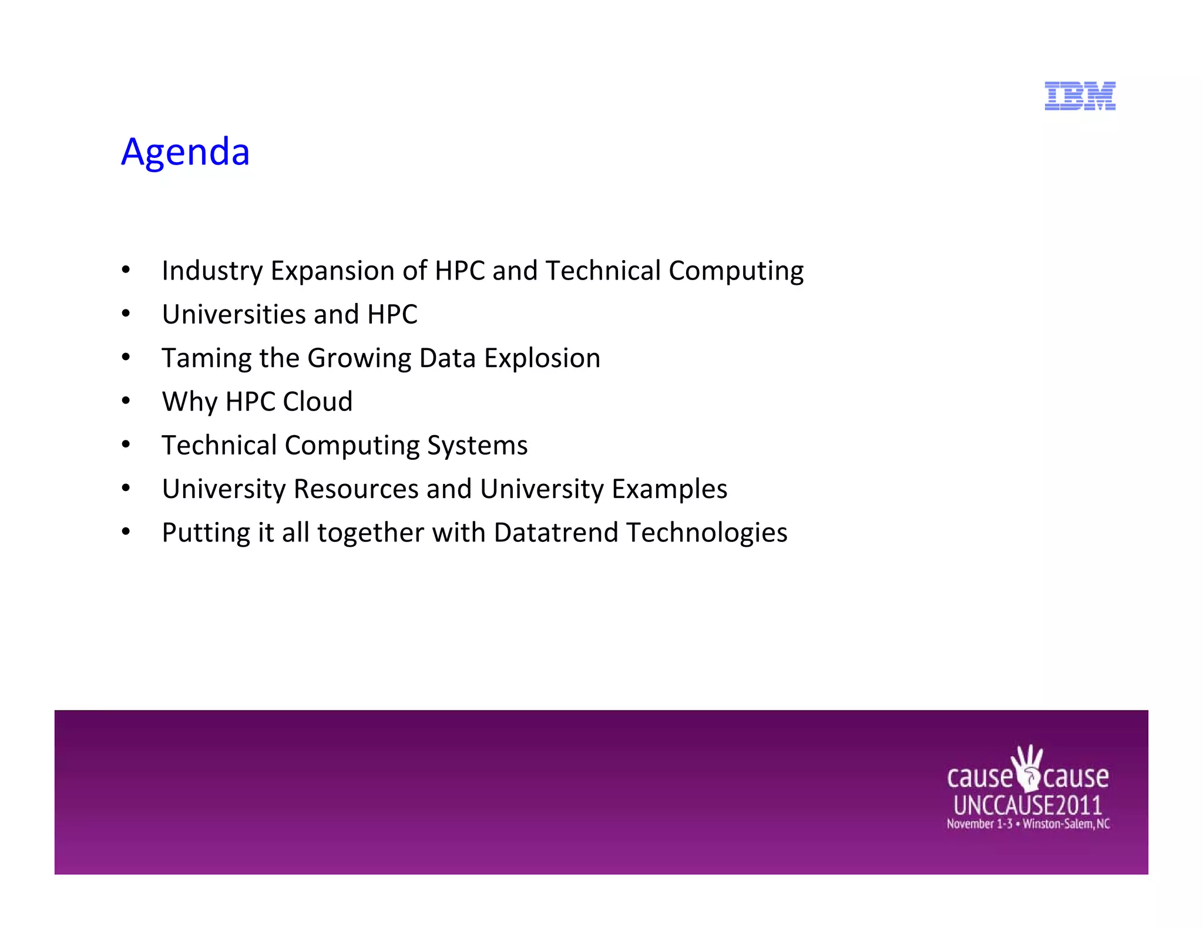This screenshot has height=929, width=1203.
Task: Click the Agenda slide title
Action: pos(185,152)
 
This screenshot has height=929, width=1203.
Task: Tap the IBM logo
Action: pos(1080,96)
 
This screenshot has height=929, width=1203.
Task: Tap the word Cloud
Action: pos(317,402)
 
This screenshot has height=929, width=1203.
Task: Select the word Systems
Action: pos(477,446)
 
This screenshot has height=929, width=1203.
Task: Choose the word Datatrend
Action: pos(556,533)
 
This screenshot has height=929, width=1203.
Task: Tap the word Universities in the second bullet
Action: pos(234,315)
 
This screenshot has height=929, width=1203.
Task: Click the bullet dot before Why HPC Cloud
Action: pos(126,402)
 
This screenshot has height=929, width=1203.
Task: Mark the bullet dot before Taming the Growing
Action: pos(126,358)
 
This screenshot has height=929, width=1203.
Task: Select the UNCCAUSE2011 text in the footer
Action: pos(1027,805)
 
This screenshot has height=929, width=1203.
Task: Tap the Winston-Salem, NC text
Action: pos(1066,824)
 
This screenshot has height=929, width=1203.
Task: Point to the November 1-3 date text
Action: pos(979,824)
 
